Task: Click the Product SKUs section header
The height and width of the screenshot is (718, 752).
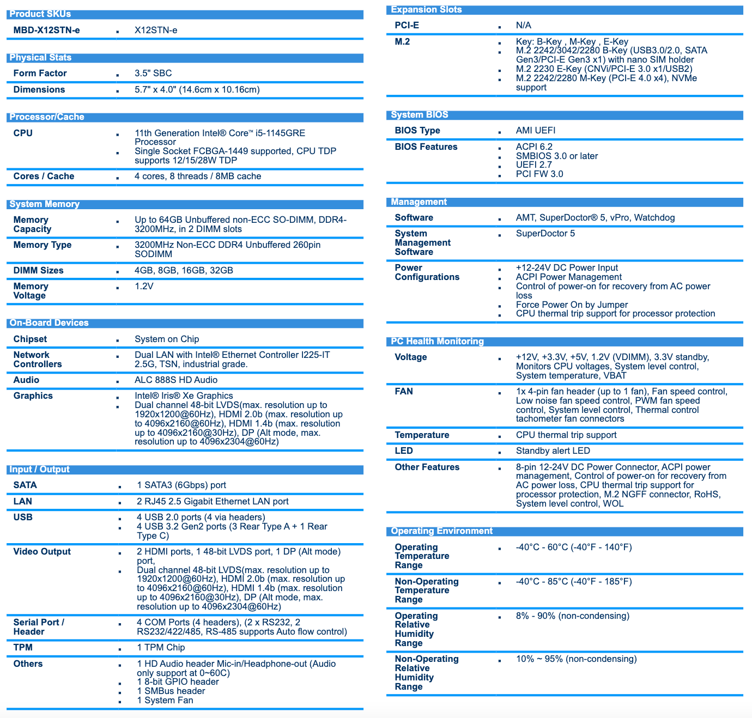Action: (40, 14)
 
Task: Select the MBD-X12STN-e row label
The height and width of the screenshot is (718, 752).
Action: (46, 30)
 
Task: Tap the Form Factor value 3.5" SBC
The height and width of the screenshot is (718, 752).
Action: (153, 73)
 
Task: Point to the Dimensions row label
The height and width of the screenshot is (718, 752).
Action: (39, 89)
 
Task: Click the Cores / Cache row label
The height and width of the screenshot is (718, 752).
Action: (44, 176)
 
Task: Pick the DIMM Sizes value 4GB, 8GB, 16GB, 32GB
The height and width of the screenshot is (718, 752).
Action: (184, 270)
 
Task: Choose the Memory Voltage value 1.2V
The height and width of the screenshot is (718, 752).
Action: (144, 286)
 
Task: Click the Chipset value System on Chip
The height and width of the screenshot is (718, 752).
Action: (167, 339)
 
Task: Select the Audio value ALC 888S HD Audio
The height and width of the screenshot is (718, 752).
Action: (176, 380)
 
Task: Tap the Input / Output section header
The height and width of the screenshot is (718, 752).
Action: (39, 470)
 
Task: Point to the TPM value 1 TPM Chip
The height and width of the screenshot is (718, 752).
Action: (161, 647)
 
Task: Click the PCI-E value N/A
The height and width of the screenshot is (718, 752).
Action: (523, 25)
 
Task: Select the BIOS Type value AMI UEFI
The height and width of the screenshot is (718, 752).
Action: (536, 130)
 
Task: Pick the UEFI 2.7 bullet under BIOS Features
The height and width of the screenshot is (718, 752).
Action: (533, 165)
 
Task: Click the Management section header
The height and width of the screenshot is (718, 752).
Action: (419, 202)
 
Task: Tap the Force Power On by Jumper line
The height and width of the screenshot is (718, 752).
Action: (572, 305)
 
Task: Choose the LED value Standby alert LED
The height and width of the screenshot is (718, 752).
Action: (553, 451)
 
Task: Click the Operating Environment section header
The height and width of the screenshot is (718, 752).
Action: (441, 531)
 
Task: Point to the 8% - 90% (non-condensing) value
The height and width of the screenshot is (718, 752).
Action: (572, 616)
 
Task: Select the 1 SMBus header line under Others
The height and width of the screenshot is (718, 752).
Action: (171, 691)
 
